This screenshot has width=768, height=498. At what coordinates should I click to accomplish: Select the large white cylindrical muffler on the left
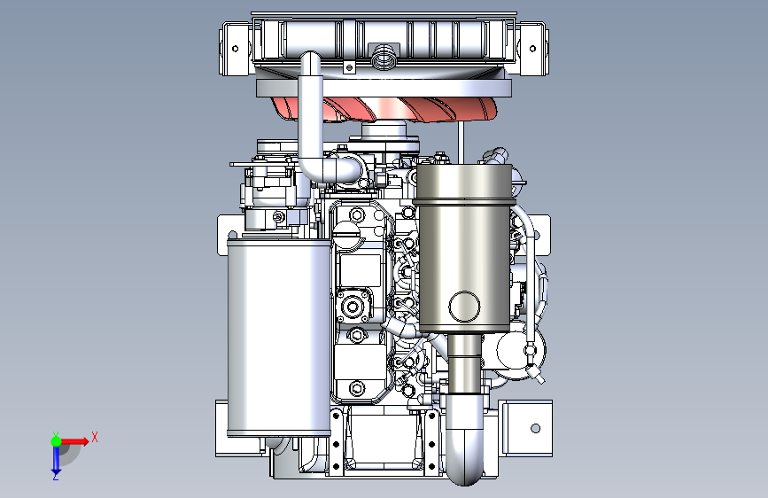[278, 338]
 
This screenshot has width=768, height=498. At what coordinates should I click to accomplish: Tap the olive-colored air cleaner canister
[463, 247]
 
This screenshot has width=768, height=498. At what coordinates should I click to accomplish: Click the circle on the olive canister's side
[464, 307]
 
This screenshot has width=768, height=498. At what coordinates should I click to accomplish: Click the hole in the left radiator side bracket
[235, 49]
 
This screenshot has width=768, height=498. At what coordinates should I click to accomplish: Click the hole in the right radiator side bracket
[533, 49]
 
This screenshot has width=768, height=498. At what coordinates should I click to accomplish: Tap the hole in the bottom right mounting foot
[535, 428]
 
